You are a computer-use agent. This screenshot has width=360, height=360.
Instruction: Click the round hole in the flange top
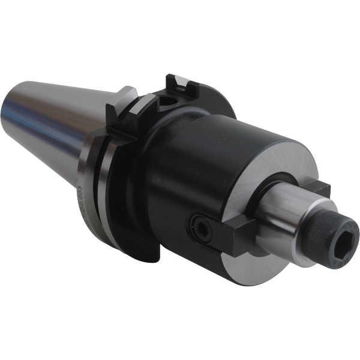[x=167, y=101]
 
